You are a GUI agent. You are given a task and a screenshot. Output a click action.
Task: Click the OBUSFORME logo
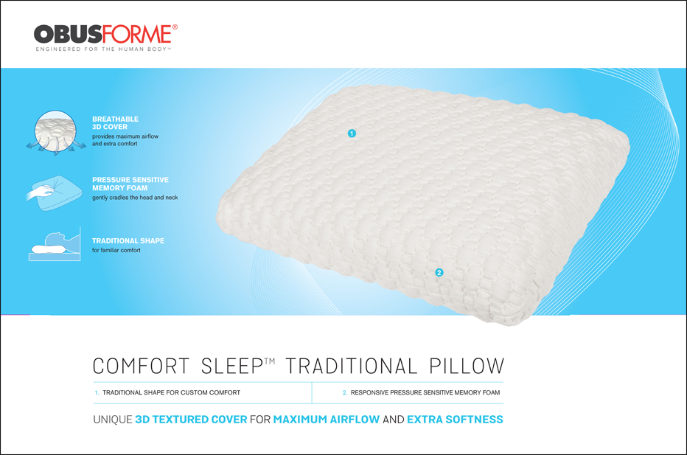pyautogui.click(x=105, y=34)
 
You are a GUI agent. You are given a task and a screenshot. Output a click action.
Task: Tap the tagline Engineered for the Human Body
pyautogui.click(x=104, y=50)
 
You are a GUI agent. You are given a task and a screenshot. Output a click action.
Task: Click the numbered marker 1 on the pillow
pyautogui.click(x=352, y=133)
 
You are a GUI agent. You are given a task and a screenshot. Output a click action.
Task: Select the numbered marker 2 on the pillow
pyautogui.click(x=439, y=273)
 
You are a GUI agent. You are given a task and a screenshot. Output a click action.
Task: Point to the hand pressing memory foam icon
pyautogui.click(x=53, y=190)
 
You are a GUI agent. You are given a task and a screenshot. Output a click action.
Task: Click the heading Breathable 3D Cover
pyautogui.click(x=115, y=123)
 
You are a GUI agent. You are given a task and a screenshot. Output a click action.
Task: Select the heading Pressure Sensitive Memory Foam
pyautogui.click(x=130, y=184)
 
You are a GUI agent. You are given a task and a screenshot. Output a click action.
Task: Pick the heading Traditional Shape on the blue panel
pyautogui.click(x=128, y=241)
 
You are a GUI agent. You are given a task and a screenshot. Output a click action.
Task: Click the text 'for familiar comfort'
pyautogui.click(x=116, y=251)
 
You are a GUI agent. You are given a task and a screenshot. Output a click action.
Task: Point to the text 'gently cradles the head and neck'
pyautogui.click(x=135, y=198)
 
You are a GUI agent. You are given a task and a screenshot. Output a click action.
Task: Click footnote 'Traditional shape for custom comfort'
pyautogui.click(x=171, y=393)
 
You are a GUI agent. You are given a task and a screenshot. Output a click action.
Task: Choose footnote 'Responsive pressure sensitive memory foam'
pyautogui.click(x=425, y=393)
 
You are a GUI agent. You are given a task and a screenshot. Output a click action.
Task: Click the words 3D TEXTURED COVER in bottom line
pyautogui.click(x=191, y=420)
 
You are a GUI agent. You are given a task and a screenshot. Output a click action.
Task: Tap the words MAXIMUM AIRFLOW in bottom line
pyautogui.click(x=326, y=420)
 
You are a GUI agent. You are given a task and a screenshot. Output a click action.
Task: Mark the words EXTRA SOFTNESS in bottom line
pyautogui.click(x=455, y=420)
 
